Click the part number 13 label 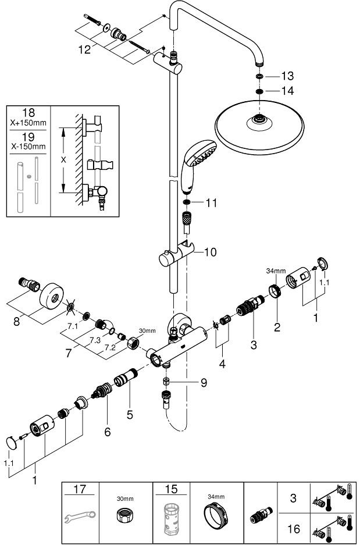pos(288,76)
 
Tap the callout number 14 pos(288,91)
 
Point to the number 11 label pos(211,202)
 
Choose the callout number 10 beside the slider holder pos(210,252)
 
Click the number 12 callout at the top pos(84,49)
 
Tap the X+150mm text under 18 pos(28,123)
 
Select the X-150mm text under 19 pos(28,146)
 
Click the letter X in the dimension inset pos(63,160)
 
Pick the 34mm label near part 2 pos(276,271)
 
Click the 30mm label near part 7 pos(147,330)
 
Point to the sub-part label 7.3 pos(95,340)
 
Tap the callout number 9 pos(204,383)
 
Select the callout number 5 pos(130,415)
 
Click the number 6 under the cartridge pos(107,432)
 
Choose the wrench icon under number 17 pos(80,517)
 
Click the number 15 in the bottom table pos(171,489)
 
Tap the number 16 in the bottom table pos(294,529)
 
